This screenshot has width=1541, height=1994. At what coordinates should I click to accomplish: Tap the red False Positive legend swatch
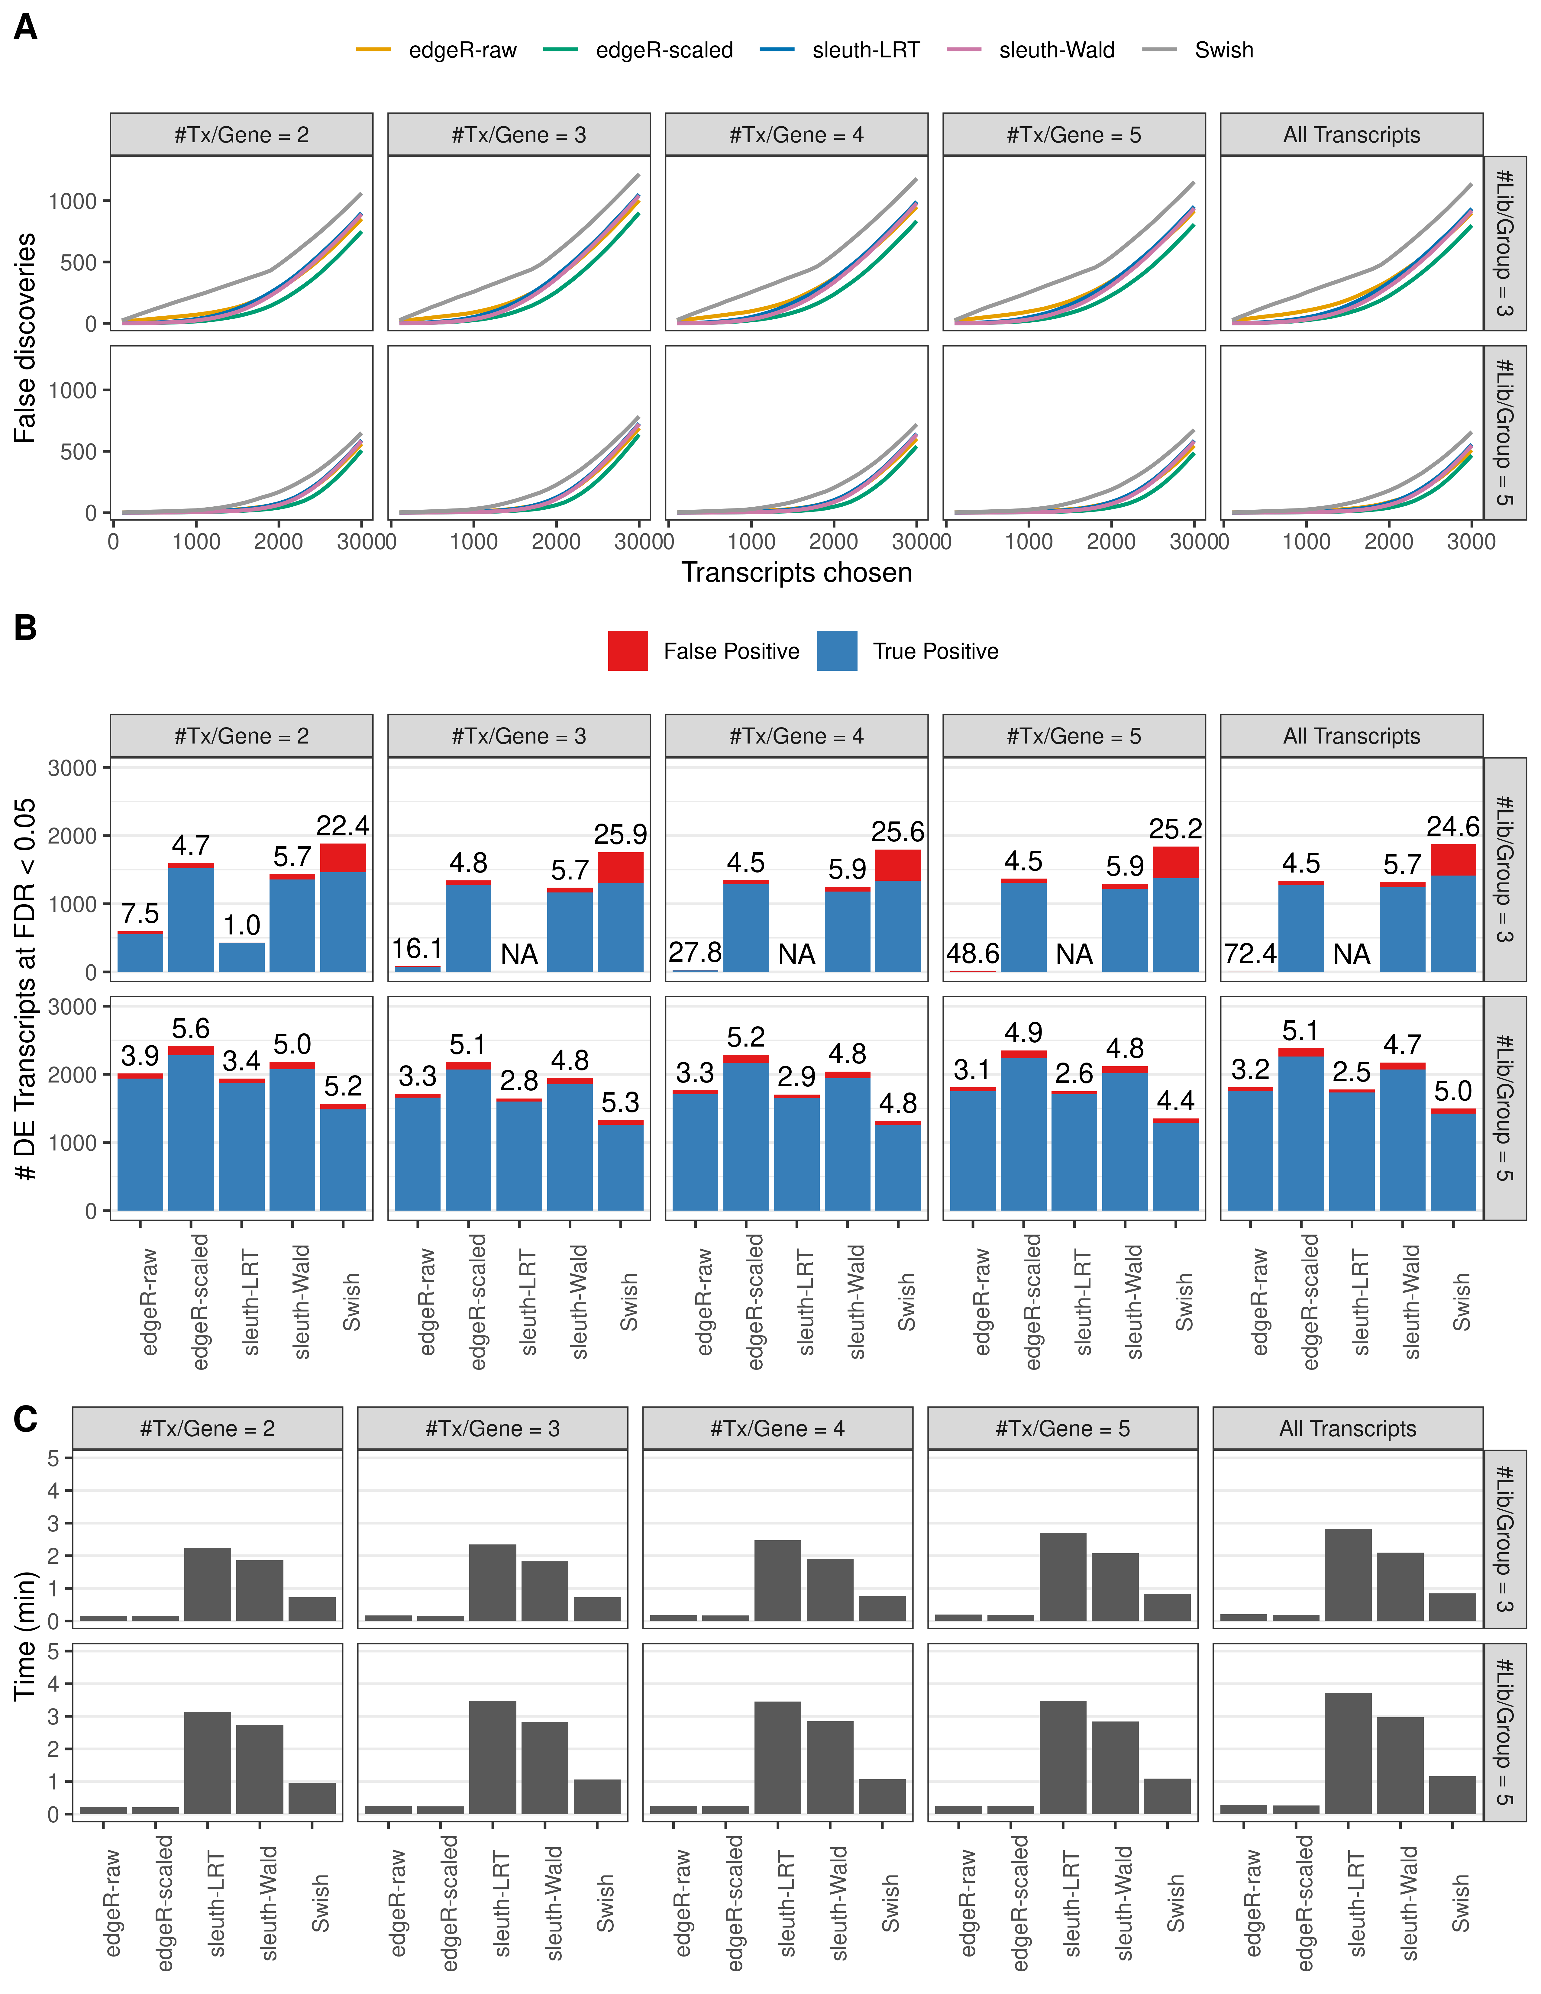[x=628, y=651]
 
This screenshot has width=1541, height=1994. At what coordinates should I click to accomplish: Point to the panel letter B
[x=26, y=628]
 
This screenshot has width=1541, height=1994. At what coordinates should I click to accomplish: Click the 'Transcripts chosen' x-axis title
[x=796, y=573]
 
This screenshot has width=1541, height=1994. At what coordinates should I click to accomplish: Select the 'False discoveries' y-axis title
[x=26, y=338]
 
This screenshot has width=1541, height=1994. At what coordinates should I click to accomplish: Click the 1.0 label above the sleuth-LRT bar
[x=242, y=925]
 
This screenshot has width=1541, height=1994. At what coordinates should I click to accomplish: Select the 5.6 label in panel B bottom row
[x=191, y=1029]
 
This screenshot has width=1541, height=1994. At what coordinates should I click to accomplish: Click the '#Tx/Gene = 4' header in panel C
[x=777, y=1429]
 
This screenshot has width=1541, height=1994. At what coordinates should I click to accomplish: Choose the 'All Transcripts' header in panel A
[x=1351, y=135]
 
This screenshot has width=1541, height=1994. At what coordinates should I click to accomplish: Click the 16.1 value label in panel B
[x=417, y=949]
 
